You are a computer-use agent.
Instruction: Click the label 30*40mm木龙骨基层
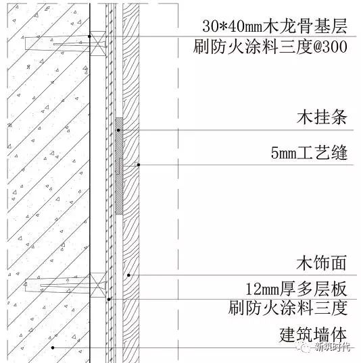[x=274, y=26]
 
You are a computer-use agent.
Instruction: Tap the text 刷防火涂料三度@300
[x=270, y=47]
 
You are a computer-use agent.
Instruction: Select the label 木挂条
[x=322, y=117]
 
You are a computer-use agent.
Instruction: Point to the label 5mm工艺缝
[x=309, y=152]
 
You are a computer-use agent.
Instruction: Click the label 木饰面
[x=322, y=262]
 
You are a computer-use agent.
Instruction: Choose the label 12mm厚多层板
[x=297, y=289]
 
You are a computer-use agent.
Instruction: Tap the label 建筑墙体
[x=313, y=335]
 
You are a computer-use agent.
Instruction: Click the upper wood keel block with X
[x=97, y=43]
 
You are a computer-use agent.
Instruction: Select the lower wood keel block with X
[x=97, y=285]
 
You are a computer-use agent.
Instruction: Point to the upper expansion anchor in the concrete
[x=57, y=43]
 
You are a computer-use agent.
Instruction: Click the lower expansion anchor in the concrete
[x=57, y=285]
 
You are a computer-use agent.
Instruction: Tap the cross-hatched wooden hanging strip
[x=119, y=166]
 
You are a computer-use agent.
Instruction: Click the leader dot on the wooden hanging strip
[x=118, y=130]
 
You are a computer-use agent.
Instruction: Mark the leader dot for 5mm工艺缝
[x=139, y=165]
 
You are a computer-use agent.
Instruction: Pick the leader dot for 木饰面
[x=128, y=275]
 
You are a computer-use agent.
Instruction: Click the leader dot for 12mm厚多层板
[x=109, y=300]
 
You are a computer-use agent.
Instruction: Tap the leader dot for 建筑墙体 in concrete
[x=53, y=347]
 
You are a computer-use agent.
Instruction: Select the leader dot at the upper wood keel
[x=89, y=36]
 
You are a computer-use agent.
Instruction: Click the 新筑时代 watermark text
[x=333, y=347]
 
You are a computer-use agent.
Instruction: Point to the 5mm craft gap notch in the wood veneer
[x=137, y=164]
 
